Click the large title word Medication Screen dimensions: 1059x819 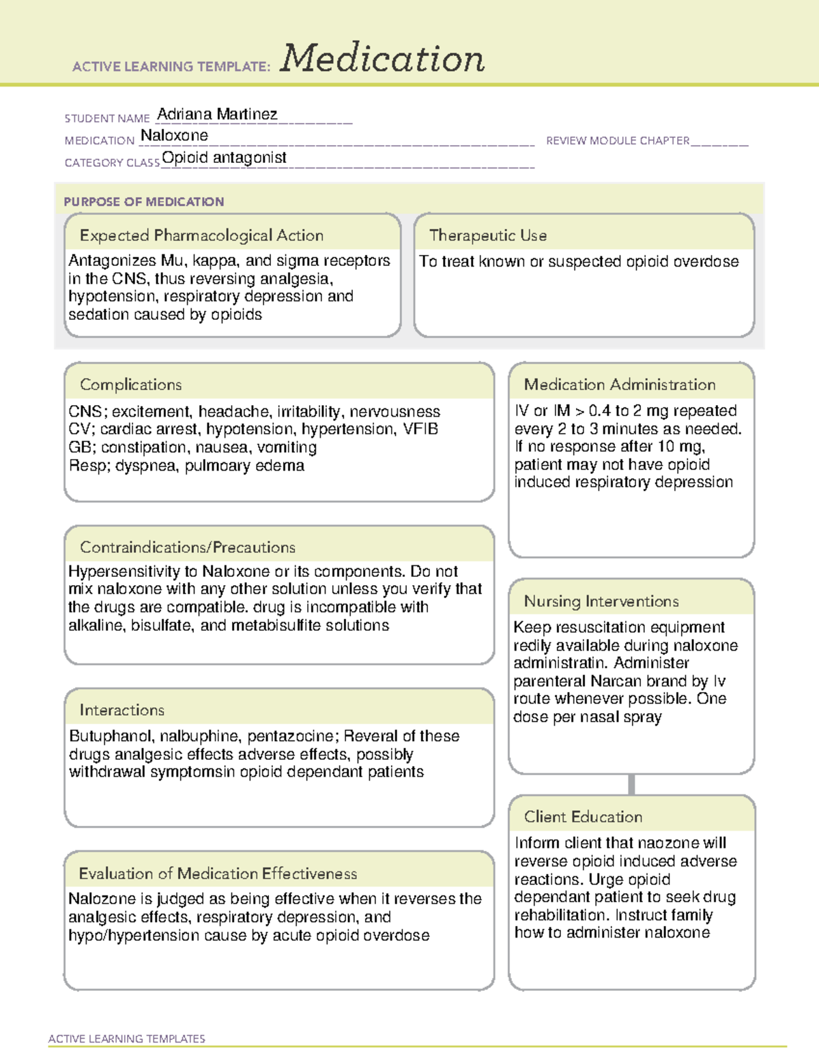[x=382, y=59]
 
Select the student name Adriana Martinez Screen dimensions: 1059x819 [x=217, y=114]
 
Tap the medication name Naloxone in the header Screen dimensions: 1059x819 [x=174, y=136]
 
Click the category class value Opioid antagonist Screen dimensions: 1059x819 [x=224, y=158]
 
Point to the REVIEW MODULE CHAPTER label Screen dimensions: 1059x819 [x=618, y=140]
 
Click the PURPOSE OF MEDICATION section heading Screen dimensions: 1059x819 [x=143, y=202]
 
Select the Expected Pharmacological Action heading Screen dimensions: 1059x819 [x=201, y=235]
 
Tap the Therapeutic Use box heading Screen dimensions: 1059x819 [x=487, y=235]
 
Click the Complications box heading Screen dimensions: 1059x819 [x=130, y=385]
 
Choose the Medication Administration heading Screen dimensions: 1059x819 [x=619, y=385]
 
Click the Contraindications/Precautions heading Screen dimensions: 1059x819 [x=187, y=547]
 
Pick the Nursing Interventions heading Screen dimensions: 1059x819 [x=601, y=601]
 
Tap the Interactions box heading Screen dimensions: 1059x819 [x=121, y=710]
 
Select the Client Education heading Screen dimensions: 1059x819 [x=583, y=816]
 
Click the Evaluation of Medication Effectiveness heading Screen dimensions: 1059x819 [x=218, y=874]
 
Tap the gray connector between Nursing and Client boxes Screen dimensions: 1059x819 [x=631, y=784]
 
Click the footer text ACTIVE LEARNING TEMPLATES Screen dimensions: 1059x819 [x=127, y=1039]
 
